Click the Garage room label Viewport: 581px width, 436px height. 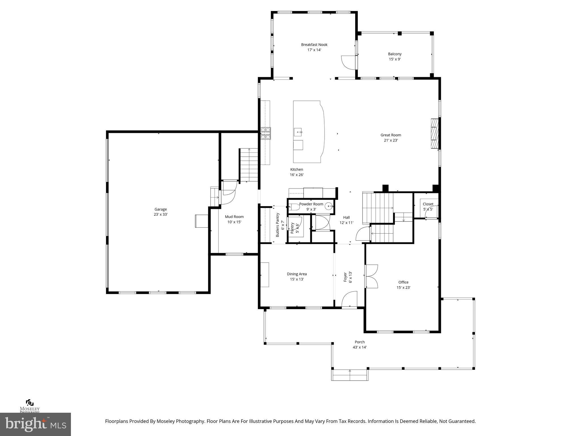[161, 209]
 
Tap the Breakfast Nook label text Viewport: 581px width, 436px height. [314, 45]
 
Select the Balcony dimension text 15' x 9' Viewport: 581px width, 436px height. [395, 59]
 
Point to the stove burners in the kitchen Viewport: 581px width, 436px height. [266, 133]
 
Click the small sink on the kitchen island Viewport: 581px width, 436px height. [298, 132]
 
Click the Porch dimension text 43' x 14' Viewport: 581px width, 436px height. [359, 347]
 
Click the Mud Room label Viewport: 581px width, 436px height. [234, 217]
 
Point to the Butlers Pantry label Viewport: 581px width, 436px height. [278, 225]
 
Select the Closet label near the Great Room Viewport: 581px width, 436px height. [428, 204]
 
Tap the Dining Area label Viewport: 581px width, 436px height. [297, 274]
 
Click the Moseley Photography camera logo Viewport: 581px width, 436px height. [30, 403]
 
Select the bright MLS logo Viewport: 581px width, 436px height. [35, 424]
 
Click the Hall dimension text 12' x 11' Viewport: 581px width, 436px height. [346, 223]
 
